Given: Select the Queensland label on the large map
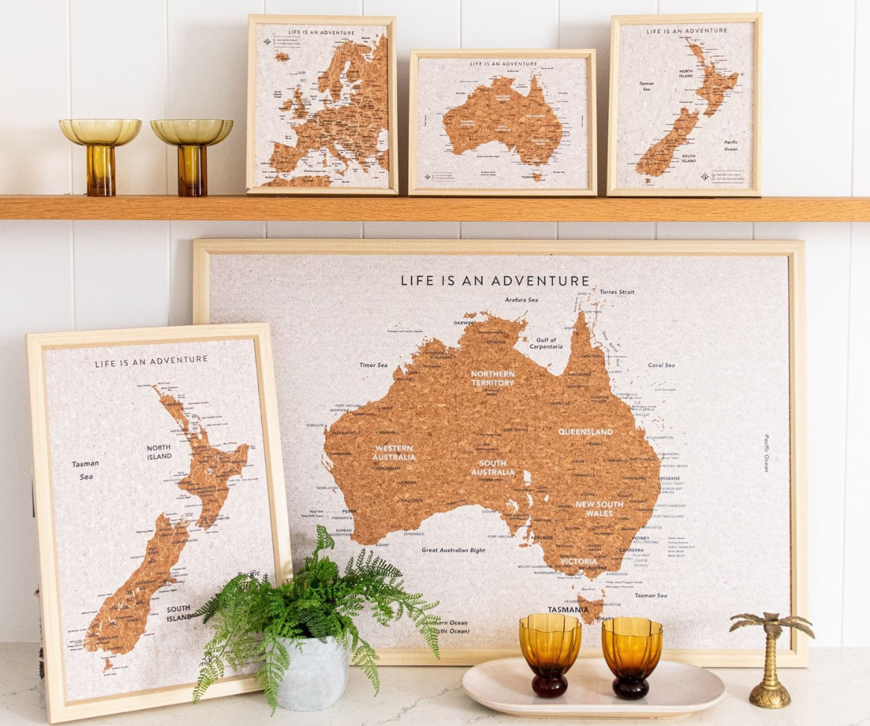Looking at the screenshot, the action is (585, 432).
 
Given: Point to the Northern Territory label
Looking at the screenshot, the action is (492, 378).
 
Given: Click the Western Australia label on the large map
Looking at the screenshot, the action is (395, 453).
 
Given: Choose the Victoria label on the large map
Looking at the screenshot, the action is (579, 561).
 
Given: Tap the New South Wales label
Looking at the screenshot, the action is (599, 509).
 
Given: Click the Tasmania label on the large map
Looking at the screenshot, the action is (568, 610).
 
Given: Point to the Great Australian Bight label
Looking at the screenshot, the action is (454, 550).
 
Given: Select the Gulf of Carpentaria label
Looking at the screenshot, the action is (547, 342).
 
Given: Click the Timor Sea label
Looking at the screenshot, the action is (374, 365).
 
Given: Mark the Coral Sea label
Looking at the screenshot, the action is (661, 365).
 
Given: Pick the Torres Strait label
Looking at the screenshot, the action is (617, 292).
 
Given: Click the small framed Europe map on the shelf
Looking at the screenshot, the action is (322, 104).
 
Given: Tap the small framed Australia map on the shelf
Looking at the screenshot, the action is (502, 122).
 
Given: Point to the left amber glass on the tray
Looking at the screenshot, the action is (550, 654).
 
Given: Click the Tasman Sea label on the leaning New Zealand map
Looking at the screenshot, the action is (86, 469).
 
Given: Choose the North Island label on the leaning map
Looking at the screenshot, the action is (159, 452).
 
